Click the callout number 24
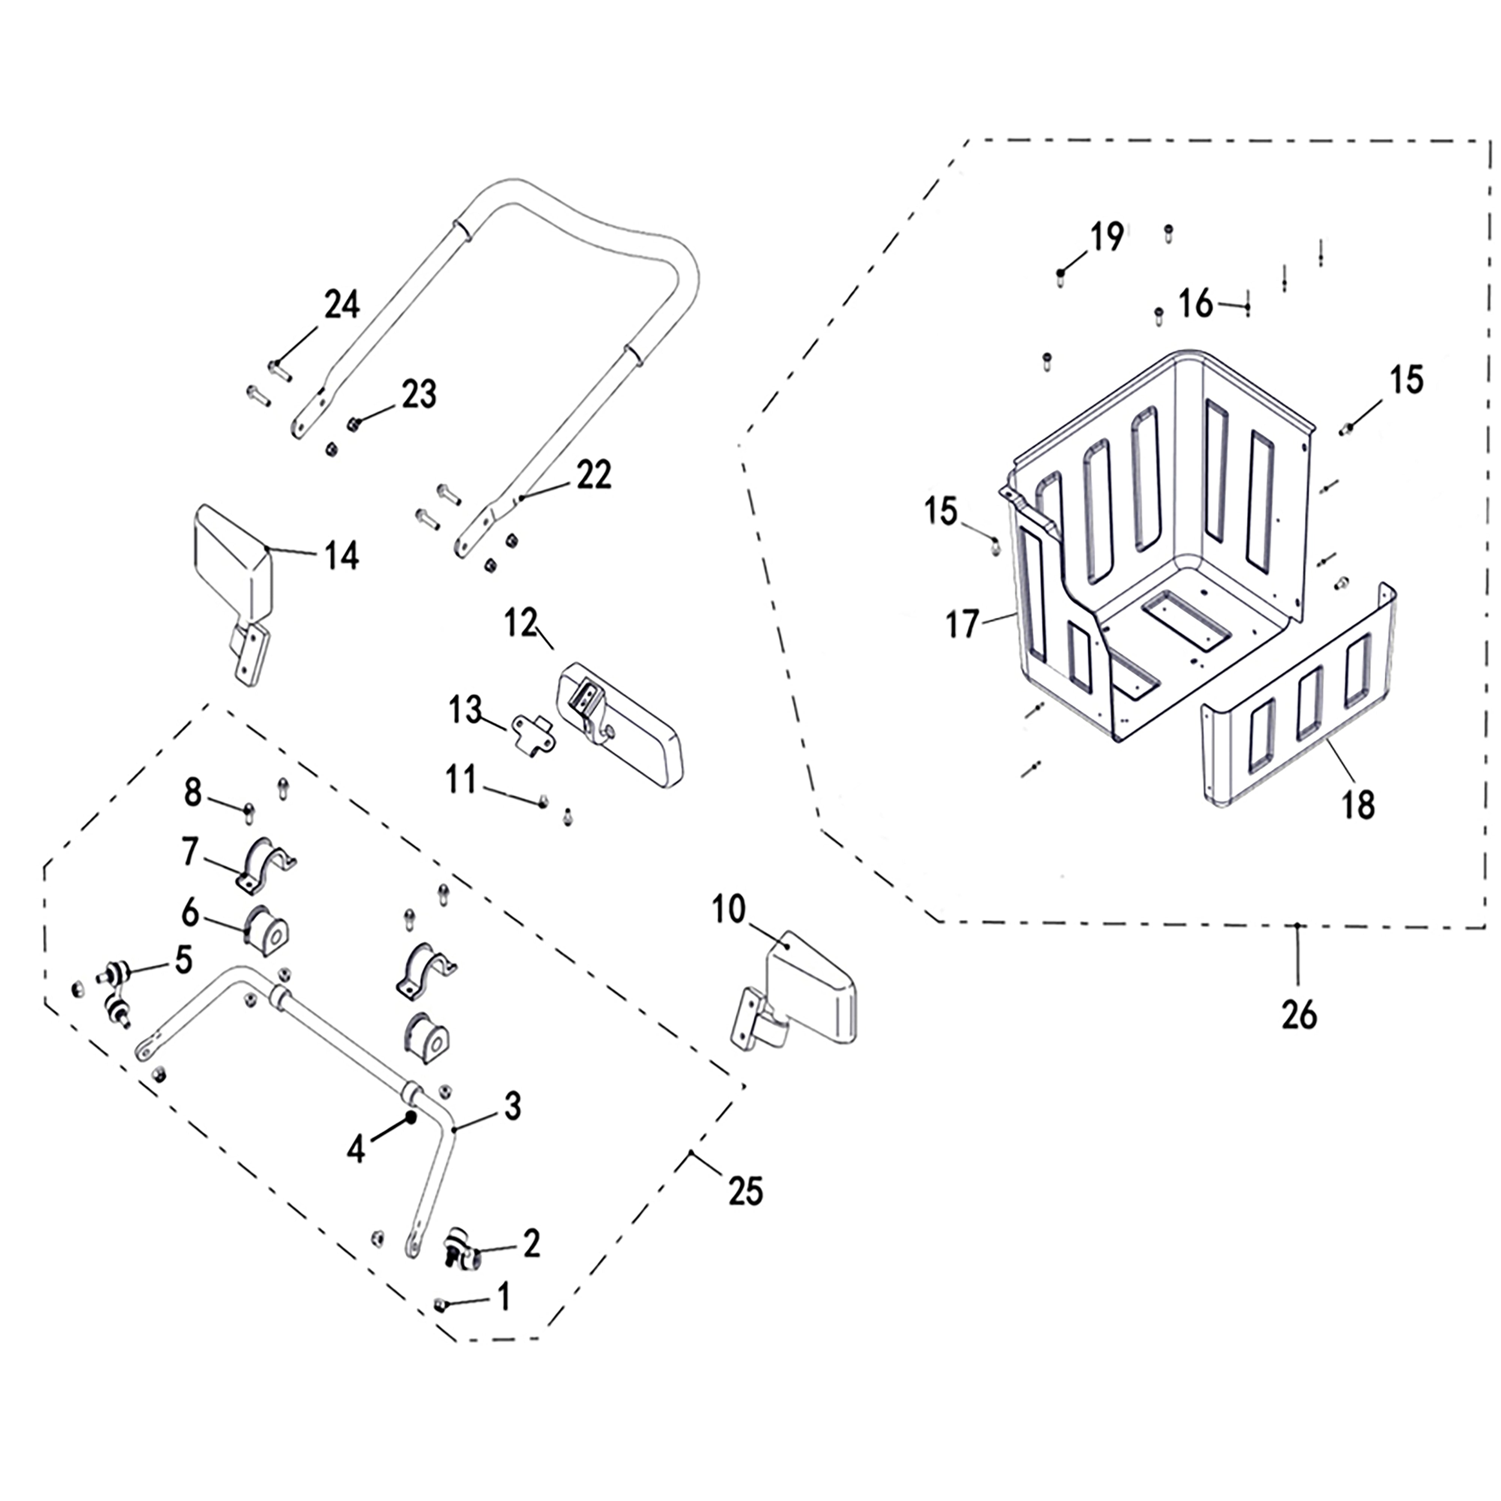click(342, 305)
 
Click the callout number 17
click(962, 624)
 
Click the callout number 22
click(594, 475)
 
